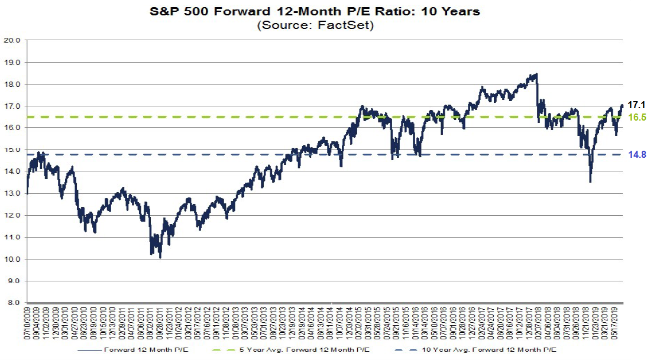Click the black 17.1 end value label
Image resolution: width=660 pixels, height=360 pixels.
tap(637, 105)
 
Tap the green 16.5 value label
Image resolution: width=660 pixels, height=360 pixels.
tap(638, 118)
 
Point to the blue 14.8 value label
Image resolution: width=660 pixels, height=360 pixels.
tap(638, 155)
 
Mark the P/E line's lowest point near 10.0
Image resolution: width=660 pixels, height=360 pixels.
tap(160, 258)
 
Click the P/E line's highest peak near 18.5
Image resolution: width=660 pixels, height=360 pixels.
tap(536, 74)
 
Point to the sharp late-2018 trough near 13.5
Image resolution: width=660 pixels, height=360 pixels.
tap(590, 182)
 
